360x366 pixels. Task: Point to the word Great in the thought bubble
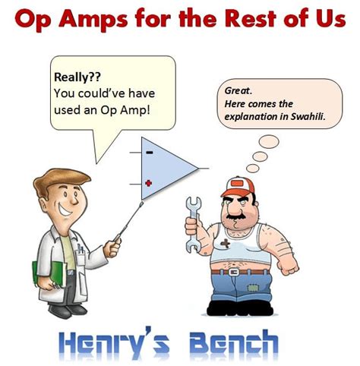238,90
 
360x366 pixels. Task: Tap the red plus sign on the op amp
149,182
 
